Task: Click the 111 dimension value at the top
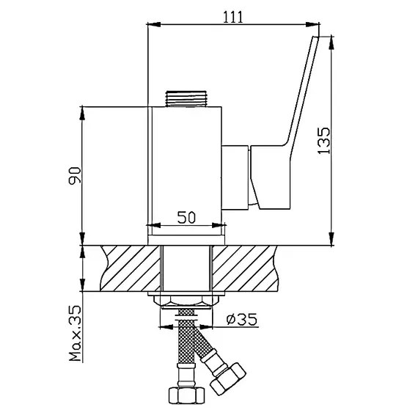click(232, 17)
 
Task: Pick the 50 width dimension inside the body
click(186, 217)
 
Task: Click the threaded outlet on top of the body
click(186, 98)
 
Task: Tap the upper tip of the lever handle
click(316, 41)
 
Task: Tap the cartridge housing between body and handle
click(236, 175)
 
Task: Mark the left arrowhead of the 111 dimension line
click(152, 26)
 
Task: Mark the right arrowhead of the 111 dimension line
click(315, 26)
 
